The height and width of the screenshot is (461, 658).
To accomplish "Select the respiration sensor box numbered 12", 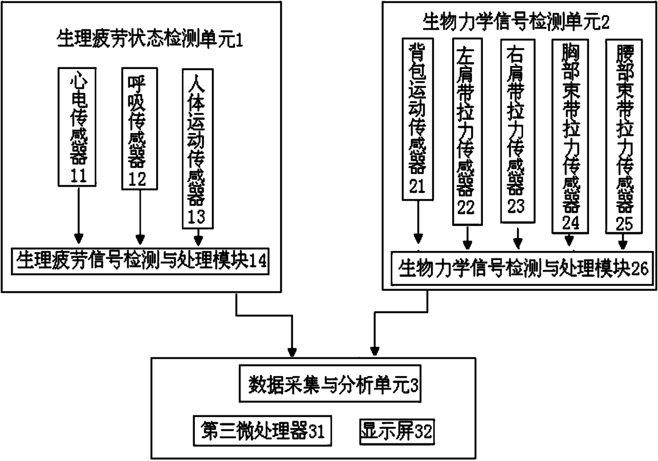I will [140, 127].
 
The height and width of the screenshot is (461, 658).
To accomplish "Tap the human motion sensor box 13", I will [198, 149].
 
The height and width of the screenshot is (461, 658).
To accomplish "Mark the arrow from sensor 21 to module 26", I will [418, 223].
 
